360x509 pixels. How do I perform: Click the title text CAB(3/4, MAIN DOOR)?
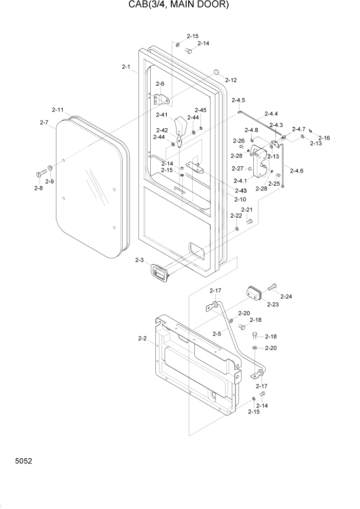pyautogui.click(x=179, y=6)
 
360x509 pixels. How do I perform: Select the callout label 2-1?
pyautogui.click(x=126, y=67)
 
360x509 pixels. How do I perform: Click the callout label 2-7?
pyautogui.click(x=44, y=123)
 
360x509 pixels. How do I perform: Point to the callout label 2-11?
pyautogui.click(x=57, y=110)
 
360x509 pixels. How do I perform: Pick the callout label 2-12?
pyautogui.click(x=230, y=80)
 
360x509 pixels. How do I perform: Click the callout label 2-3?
pyautogui.click(x=139, y=261)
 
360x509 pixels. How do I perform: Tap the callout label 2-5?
pyautogui.click(x=216, y=334)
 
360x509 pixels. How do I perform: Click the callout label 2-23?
pyautogui.click(x=272, y=304)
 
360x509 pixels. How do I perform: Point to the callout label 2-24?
pyautogui.click(x=286, y=297)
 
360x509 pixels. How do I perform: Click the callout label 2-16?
pyautogui.click(x=324, y=138)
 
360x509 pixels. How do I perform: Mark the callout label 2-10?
pyautogui.click(x=240, y=199)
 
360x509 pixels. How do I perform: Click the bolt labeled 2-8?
pyautogui.click(x=41, y=174)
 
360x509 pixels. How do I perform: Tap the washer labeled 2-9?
pyautogui.click(x=51, y=168)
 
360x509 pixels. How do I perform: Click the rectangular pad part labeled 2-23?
pyautogui.click(x=254, y=293)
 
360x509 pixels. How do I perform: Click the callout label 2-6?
pyautogui.click(x=160, y=84)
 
